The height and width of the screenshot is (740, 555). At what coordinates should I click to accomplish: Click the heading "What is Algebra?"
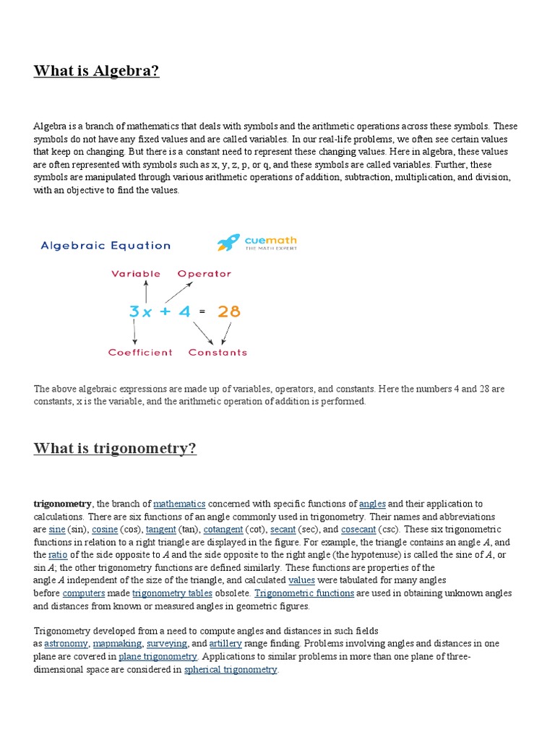tap(96, 71)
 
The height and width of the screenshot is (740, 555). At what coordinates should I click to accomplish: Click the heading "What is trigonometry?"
tap(115, 448)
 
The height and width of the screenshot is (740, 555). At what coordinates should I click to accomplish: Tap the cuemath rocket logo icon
tap(228, 243)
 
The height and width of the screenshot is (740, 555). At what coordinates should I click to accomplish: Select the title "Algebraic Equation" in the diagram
tap(106, 245)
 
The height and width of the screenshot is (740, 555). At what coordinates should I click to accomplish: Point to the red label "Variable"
tap(136, 274)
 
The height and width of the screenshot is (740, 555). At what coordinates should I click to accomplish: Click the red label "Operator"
tap(204, 274)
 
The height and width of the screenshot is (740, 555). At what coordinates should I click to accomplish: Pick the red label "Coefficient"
tap(140, 353)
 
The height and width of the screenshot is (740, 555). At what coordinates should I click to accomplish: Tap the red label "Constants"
tap(218, 353)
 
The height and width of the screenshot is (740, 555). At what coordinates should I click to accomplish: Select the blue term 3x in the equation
tap(140, 312)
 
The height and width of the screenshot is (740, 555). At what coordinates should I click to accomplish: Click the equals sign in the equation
tap(202, 312)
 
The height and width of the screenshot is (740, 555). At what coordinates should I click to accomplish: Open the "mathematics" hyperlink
tap(179, 504)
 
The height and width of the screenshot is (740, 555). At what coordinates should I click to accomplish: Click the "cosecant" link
tap(358, 530)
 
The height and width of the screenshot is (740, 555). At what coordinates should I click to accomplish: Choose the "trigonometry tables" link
tap(172, 593)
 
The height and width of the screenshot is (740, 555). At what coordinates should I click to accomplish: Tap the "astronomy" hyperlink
tap(66, 643)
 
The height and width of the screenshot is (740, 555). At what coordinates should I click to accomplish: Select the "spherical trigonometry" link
tap(231, 670)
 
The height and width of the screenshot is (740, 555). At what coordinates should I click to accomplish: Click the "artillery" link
tap(225, 643)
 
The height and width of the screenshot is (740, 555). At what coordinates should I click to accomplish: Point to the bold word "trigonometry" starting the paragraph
tap(62, 504)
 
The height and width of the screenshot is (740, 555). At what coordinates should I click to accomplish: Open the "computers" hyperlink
tap(79, 593)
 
